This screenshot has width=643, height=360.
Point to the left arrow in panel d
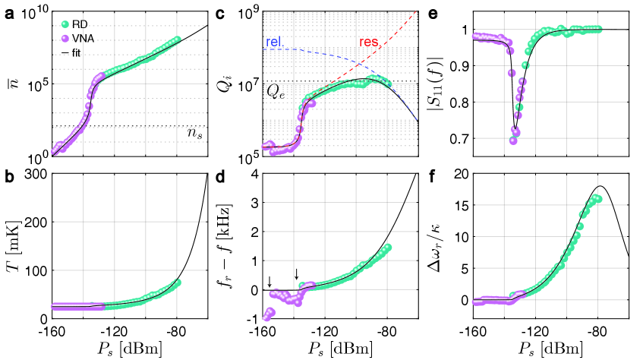[x=269, y=282]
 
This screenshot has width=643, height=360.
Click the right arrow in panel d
[x=297, y=273]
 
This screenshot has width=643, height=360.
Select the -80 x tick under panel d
[x=387, y=332]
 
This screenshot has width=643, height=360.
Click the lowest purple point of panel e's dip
[x=514, y=141]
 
